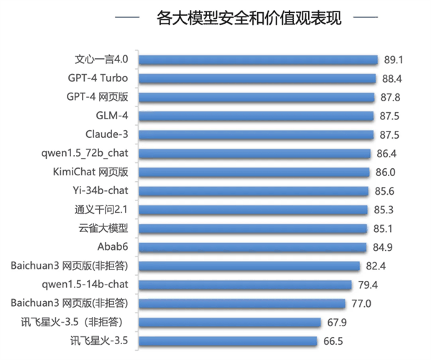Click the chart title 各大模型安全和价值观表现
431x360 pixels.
coord(249,18)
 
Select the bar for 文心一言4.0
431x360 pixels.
coord(258,60)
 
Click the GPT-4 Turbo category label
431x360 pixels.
coord(97,78)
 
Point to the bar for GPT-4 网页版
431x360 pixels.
coord(256,97)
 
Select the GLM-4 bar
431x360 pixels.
coord(256,116)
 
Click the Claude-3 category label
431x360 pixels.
coord(107,134)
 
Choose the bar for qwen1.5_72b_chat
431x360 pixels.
coord(254,153)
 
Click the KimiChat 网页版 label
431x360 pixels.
coord(91,172)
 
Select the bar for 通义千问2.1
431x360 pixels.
coord(253,210)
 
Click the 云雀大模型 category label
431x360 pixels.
coord(103,229)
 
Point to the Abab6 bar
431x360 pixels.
coord(252,247)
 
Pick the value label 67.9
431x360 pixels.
coord(338,322)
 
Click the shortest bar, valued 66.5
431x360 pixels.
coord(228,341)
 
